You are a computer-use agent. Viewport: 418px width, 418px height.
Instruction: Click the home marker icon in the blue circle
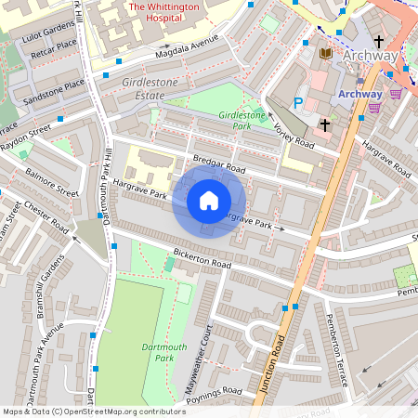[x=209, y=201]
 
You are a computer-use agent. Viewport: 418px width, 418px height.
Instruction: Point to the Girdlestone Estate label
[x=148, y=87]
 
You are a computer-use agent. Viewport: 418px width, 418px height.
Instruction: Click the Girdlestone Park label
[x=241, y=118]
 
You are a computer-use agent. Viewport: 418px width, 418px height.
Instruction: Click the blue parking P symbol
[x=298, y=103]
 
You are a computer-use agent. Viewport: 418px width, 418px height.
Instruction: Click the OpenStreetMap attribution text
[x=94, y=411]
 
